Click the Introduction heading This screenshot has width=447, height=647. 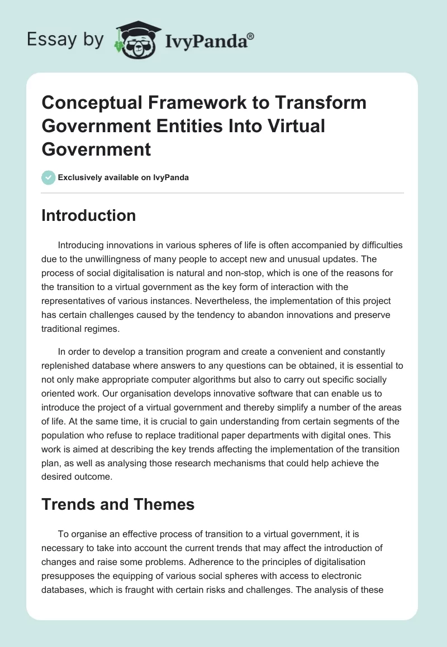88,215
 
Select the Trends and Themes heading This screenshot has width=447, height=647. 118,505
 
